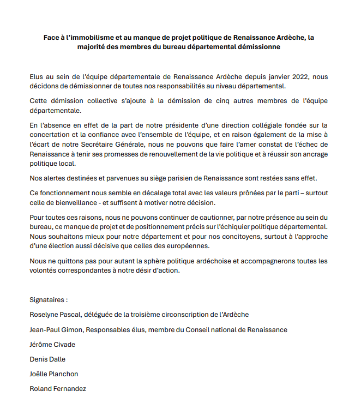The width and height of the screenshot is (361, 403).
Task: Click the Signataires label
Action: (49, 300)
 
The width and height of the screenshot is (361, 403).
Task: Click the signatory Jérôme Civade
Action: (53, 345)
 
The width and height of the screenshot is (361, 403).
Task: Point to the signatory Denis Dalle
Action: (47, 359)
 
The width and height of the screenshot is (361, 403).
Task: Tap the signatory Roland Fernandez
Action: (58, 389)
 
